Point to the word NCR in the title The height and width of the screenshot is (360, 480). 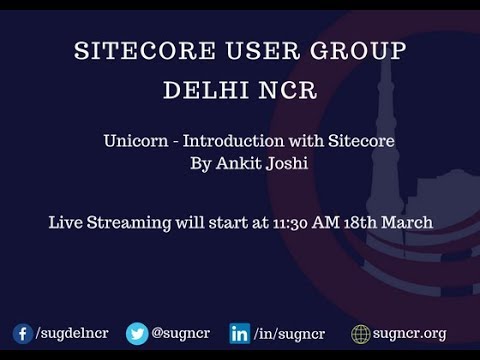(x=286, y=91)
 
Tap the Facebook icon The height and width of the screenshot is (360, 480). (x=22, y=334)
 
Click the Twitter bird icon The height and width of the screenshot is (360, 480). (x=137, y=334)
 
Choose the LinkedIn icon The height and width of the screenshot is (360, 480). (x=240, y=334)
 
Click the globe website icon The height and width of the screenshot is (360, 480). (x=361, y=334)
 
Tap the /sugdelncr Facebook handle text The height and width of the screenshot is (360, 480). (x=72, y=334)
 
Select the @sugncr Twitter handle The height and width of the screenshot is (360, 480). (x=180, y=334)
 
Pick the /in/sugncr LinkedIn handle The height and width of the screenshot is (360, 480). (x=289, y=334)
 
